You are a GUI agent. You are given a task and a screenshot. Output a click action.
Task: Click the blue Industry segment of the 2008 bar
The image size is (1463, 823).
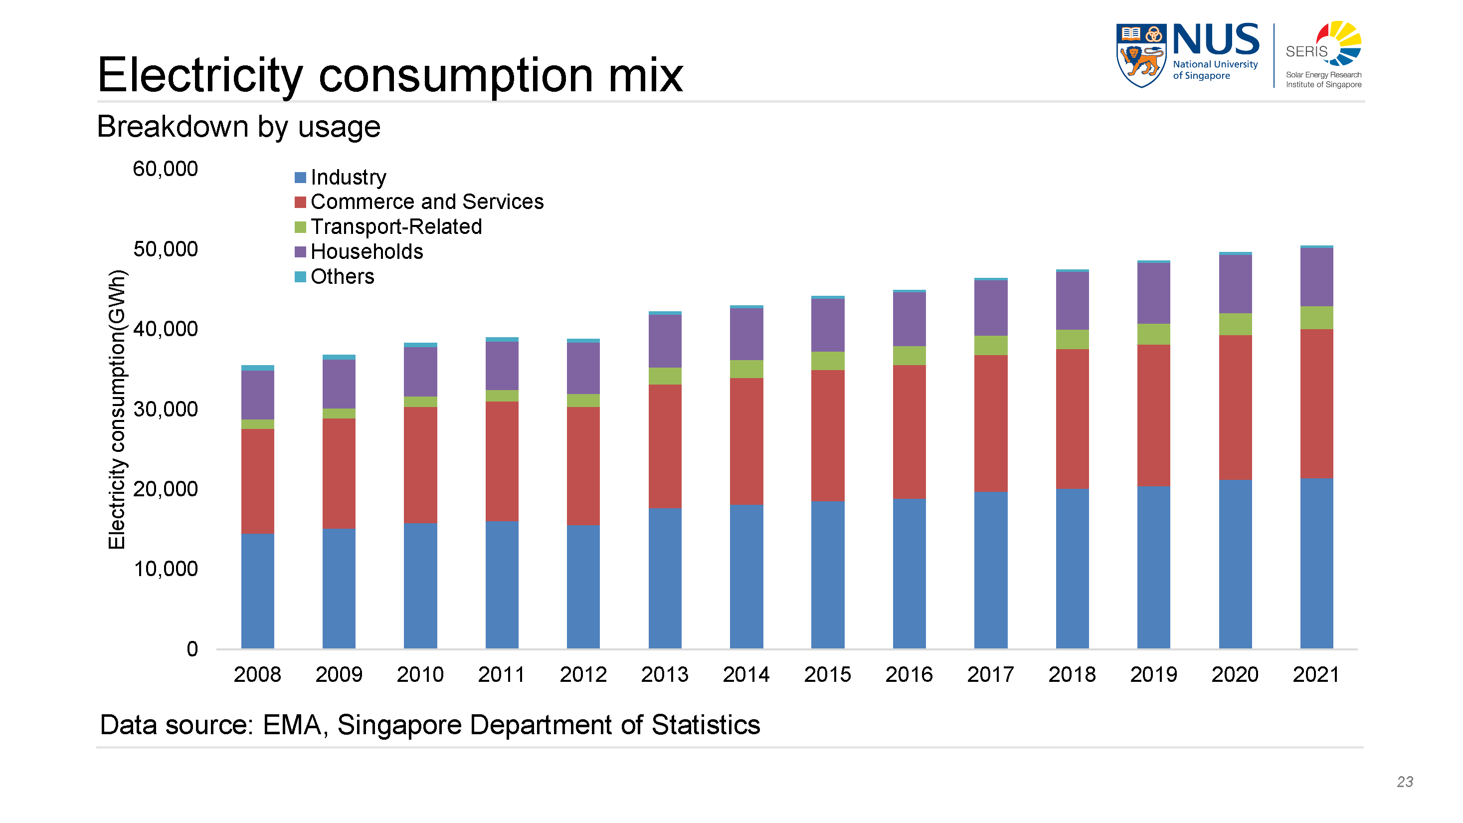click(257, 591)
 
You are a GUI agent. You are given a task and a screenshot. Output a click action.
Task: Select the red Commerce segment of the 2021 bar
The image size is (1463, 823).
click(1316, 403)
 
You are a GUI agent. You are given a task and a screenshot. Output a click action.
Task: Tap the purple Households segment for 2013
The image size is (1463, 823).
click(665, 341)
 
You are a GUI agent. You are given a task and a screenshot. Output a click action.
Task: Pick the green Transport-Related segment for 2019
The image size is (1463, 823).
click(1153, 334)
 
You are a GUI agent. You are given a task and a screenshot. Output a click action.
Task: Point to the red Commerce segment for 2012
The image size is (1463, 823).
click(583, 466)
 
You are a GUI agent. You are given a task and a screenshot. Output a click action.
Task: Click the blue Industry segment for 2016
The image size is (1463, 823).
click(909, 574)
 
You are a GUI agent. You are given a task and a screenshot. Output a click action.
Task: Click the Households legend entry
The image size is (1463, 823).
click(366, 251)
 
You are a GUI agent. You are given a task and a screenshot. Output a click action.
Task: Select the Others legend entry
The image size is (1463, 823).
click(342, 277)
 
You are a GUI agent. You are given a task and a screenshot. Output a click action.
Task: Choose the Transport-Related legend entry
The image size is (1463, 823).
click(396, 226)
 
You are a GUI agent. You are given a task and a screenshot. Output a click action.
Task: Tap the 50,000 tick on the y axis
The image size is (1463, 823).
click(165, 249)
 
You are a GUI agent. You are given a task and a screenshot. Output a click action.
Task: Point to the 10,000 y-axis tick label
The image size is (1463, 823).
click(165, 569)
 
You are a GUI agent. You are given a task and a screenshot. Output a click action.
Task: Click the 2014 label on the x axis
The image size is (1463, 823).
click(745, 674)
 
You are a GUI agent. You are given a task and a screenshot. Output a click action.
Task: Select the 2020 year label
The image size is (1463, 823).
click(1235, 674)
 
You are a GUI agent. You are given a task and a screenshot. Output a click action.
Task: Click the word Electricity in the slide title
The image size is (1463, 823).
click(200, 75)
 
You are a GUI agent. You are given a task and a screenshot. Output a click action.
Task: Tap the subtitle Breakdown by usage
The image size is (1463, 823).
click(238, 126)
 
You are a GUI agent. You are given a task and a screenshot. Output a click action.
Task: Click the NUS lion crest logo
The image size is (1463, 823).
click(1141, 55)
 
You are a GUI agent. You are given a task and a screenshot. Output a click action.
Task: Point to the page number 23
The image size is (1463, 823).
click(1405, 782)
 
